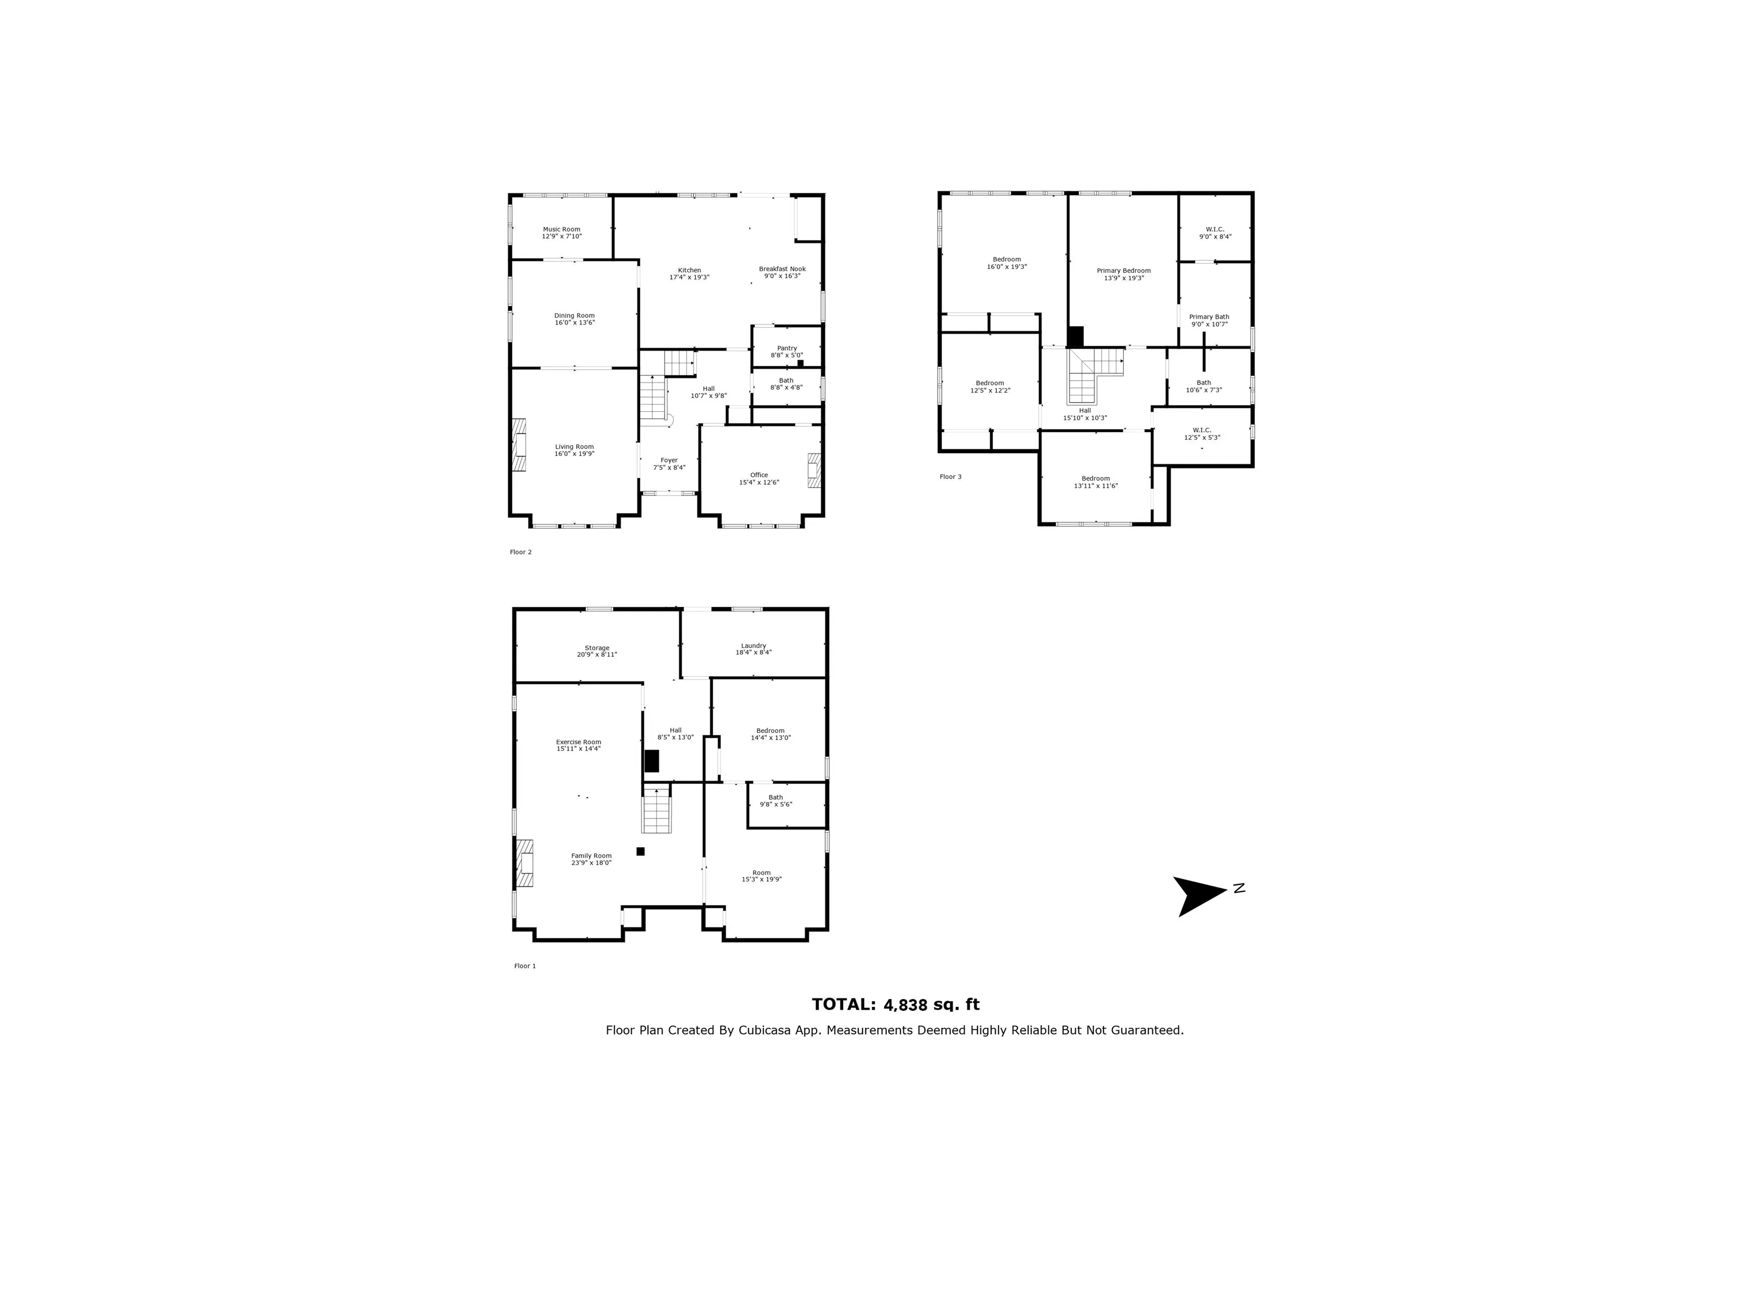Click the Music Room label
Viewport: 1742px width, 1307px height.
[561, 229]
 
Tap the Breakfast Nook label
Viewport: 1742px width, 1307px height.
[781, 269]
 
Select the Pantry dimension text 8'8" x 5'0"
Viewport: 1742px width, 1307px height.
[786, 355]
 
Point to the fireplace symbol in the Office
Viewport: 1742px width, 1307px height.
[814, 470]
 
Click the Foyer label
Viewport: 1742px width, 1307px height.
[669, 460]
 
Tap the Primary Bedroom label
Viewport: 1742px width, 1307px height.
[1123, 270]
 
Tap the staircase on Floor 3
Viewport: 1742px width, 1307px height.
[1090, 374]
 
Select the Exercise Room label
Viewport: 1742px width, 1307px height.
[578, 741]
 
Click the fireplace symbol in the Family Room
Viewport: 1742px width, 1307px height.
[524, 863]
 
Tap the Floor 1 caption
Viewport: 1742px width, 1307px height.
[525, 966]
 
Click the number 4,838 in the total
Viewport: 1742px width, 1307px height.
[906, 1005]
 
